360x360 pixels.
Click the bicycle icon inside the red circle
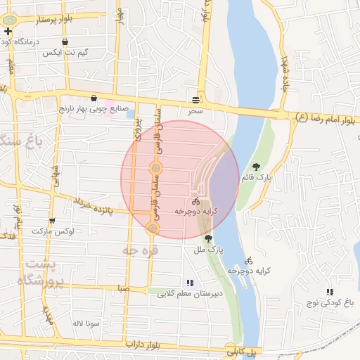[195, 201]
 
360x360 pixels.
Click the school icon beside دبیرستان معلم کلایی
[189, 283]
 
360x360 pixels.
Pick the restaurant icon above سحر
[195, 98]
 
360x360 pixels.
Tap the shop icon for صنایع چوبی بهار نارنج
[94, 98]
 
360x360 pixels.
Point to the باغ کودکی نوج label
[328, 303]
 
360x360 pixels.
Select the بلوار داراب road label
[144, 345]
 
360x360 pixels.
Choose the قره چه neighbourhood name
[140, 250]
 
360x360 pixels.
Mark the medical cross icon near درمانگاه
[8, 32]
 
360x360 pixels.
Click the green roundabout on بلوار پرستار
[9, 20]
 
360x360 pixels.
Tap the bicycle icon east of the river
[249, 259]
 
